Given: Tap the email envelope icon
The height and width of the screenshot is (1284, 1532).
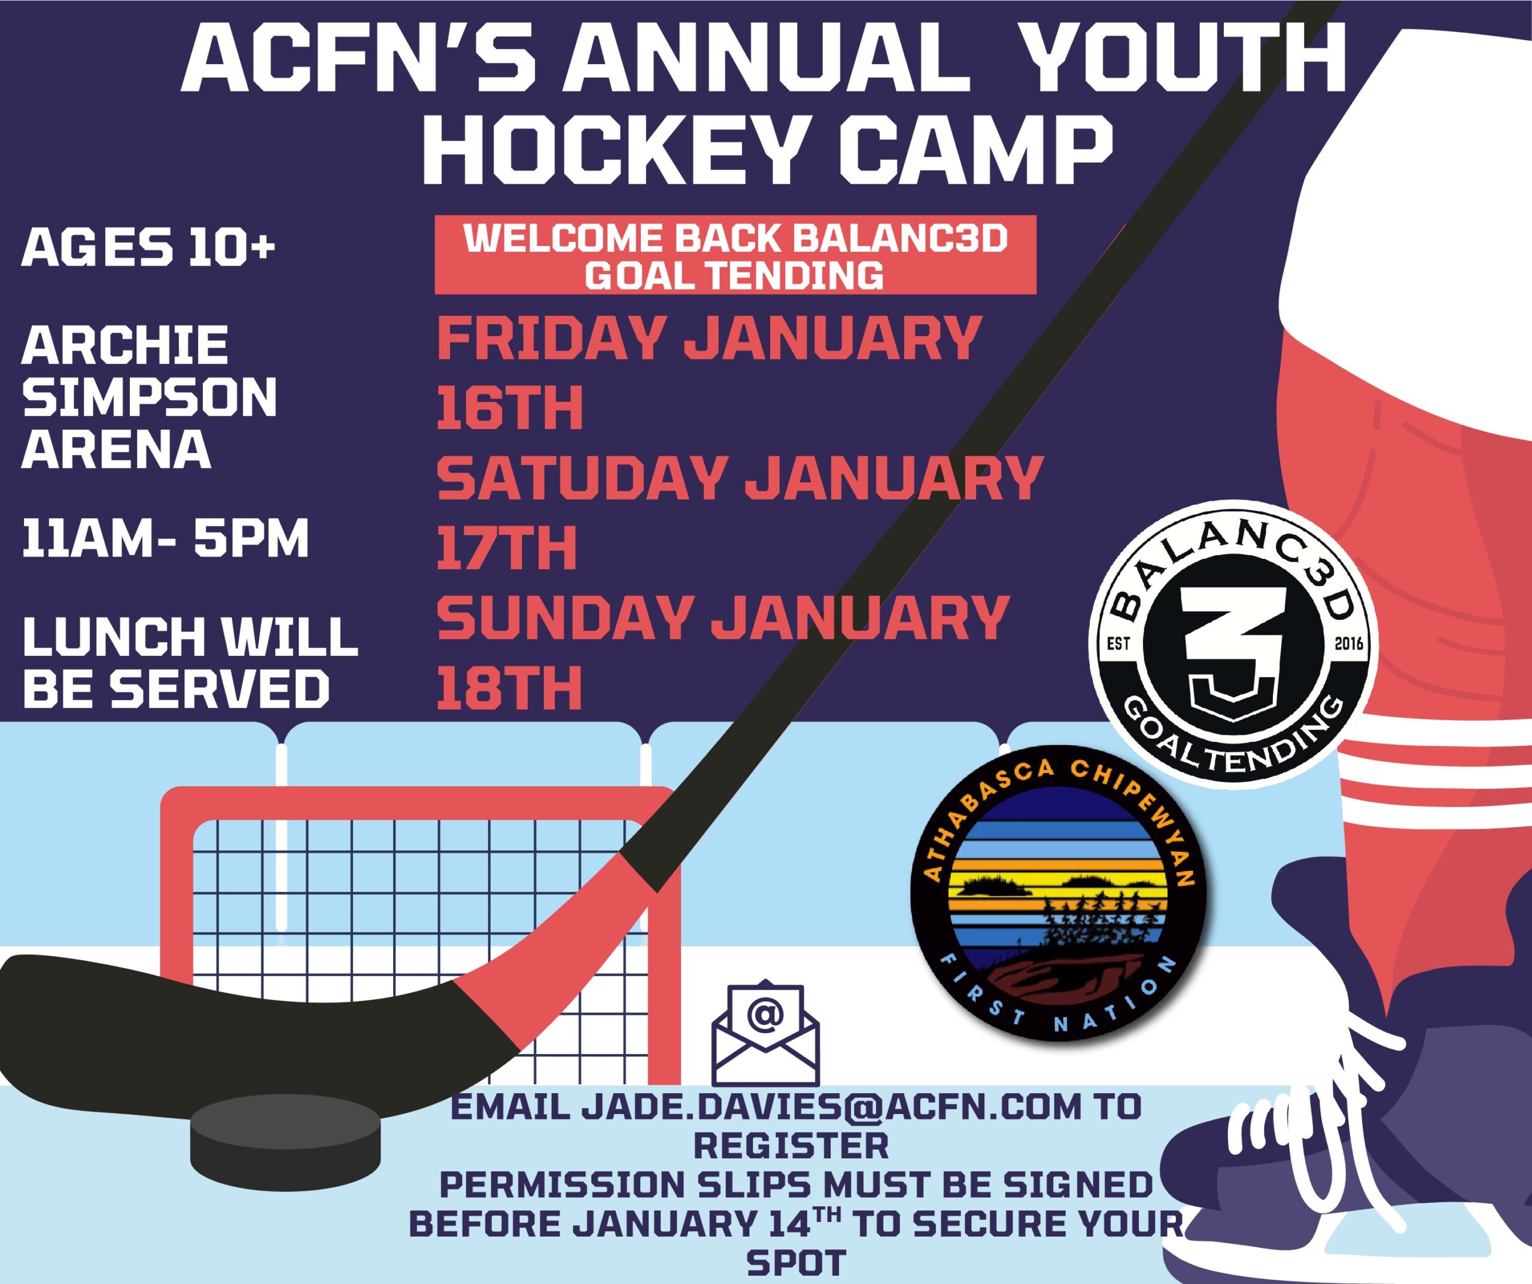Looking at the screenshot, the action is point(765,1032).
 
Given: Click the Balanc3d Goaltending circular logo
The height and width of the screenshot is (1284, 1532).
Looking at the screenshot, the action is point(1233,642).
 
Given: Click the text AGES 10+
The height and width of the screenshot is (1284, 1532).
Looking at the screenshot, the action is point(148,247).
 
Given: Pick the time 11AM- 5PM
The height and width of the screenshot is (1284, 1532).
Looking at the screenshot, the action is point(166,538).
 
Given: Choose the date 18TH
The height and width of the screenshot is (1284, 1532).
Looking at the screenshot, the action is point(509,687).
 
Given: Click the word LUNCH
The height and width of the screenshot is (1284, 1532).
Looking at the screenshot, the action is point(114,636).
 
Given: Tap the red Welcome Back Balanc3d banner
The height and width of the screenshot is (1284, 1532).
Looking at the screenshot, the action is point(735,255).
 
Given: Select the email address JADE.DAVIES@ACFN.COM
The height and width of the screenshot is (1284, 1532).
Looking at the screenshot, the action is point(831,1107).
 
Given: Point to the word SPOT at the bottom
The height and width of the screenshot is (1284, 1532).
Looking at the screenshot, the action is point(796,1263).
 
